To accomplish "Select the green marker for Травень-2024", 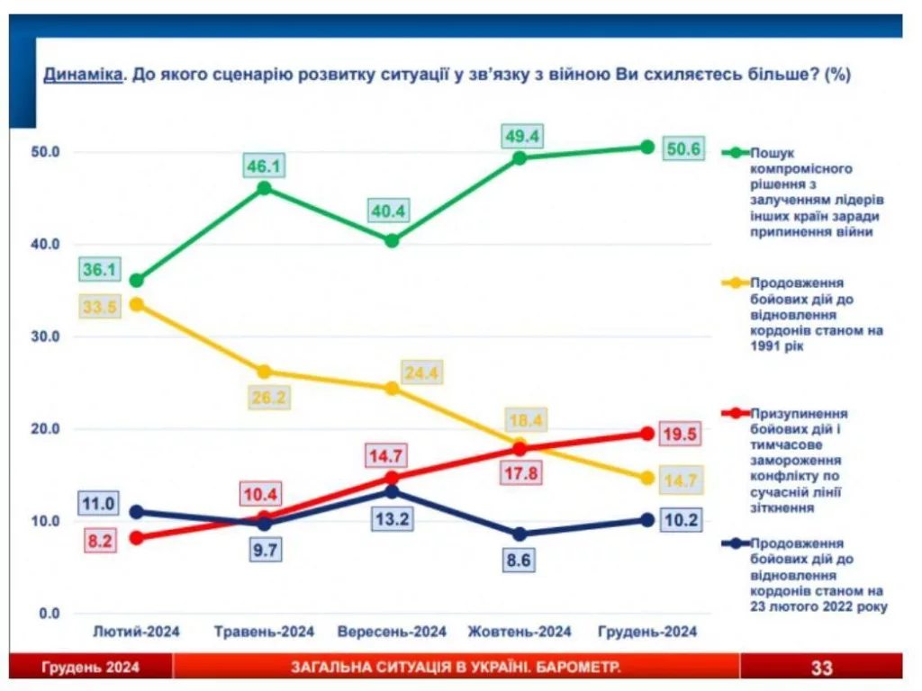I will point(264,188).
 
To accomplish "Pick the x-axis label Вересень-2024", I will point(392,632).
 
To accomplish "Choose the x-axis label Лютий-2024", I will point(136,632).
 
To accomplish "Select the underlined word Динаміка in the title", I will point(82,76).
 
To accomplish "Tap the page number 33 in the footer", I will point(821,668).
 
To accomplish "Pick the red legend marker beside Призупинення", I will point(735,413).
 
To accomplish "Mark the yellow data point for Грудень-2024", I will point(647,479).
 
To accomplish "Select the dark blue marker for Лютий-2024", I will point(136,512).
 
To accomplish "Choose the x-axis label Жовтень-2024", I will point(520,632).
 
